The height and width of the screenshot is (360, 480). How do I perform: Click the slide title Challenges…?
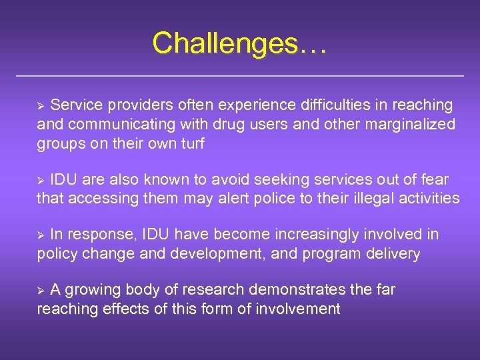[x=239, y=43]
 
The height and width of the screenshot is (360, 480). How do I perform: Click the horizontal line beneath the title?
[x=239, y=76]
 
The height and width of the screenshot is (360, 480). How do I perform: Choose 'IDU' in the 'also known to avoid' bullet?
[x=63, y=180]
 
